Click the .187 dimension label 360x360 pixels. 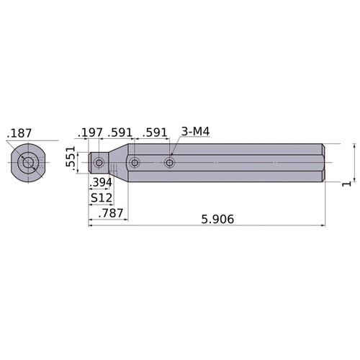coord(19,134)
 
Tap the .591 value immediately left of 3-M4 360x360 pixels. coord(155,132)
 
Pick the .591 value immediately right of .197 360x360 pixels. coord(120,132)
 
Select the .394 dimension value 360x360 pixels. coord(100,183)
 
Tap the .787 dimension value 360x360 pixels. coord(111,213)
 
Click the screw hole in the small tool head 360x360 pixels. coord(99,163)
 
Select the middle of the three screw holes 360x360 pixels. coord(135,163)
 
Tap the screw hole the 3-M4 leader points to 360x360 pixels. coord(170,163)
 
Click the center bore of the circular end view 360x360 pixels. coord(28,163)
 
